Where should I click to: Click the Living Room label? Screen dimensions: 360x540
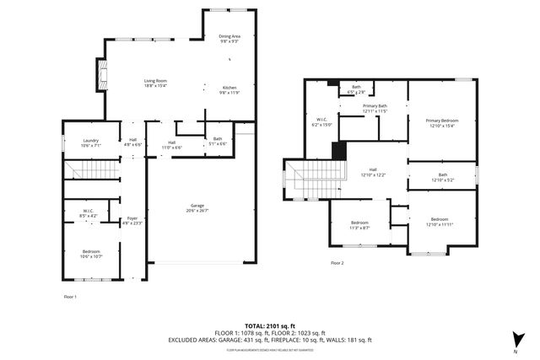pyautogui.click(x=154, y=83)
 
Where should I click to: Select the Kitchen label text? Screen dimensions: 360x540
pyautogui.click(x=230, y=90)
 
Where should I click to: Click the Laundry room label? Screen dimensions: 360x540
pyautogui.click(x=91, y=143)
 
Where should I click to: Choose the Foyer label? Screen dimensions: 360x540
pyautogui.click(x=132, y=221)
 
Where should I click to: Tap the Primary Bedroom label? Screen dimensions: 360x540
pyautogui.click(x=442, y=123)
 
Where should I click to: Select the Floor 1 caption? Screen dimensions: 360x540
pyautogui.click(x=70, y=297)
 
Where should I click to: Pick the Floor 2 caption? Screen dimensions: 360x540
pyautogui.click(x=337, y=264)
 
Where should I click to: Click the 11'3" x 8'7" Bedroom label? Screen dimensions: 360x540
pyautogui.click(x=359, y=224)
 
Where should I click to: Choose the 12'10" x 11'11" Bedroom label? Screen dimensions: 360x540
pyautogui.click(x=440, y=222)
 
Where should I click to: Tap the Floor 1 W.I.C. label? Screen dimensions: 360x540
pyautogui.click(x=89, y=213)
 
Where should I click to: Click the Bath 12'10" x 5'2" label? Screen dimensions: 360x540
pyautogui.click(x=441, y=178)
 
